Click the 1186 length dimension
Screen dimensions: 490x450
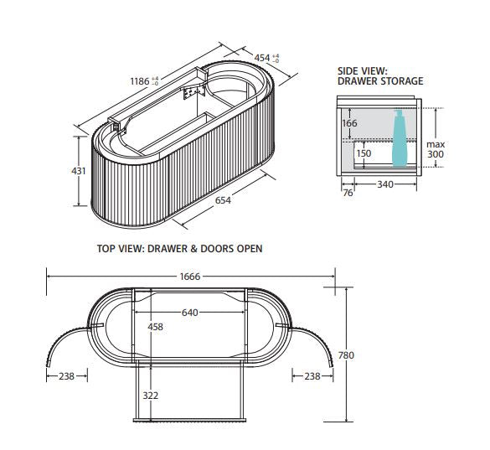pyautogui.click(x=140, y=81)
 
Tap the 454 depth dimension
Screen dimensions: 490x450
pyautogui.click(x=262, y=58)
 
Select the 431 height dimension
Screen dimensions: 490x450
pyautogui.click(x=79, y=171)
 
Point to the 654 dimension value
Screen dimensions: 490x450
pyautogui.click(x=223, y=200)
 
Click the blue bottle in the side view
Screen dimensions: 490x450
pyautogui.click(x=400, y=138)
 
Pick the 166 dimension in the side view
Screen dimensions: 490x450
pyautogui.click(x=349, y=123)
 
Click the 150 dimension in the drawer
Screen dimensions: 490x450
pyautogui.click(x=364, y=153)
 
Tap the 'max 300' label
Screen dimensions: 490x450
pyautogui.click(x=436, y=149)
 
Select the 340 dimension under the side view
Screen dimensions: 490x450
pyautogui.click(x=385, y=184)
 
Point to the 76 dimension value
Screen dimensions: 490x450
pyautogui.click(x=348, y=193)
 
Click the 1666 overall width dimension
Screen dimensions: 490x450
pyautogui.click(x=190, y=277)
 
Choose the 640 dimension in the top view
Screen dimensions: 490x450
pyautogui.click(x=189, y=313)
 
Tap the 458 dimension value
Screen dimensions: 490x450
pyautogui.click(x=155, y=327)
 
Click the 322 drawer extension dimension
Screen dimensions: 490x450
pyautogui.click(x=150, y=396)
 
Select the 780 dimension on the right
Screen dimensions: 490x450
pyautogui.click(x=346, y=355)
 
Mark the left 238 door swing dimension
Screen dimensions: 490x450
pyautogui.click(x=66, y=376)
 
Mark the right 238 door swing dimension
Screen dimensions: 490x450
pyautogui.click(x=312, y=376)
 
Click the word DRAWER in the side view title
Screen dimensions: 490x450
pyautogui.click(x=358, y=81)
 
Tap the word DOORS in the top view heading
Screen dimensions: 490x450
pyautogui.click(x=217, y=249)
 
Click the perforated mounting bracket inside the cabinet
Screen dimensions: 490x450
pyautogui.click(x=191, y=93)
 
